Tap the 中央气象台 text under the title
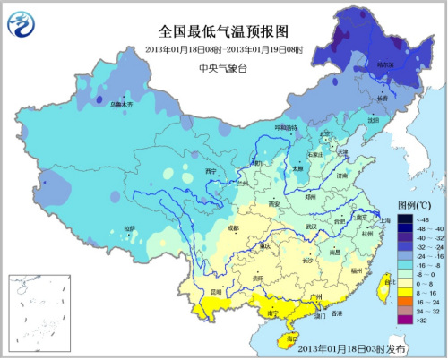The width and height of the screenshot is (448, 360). point(223,68)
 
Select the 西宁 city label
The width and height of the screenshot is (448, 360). point(211,172)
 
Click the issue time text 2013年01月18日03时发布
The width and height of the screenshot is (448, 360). point(351,347)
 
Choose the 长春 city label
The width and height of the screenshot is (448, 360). point(392,99)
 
